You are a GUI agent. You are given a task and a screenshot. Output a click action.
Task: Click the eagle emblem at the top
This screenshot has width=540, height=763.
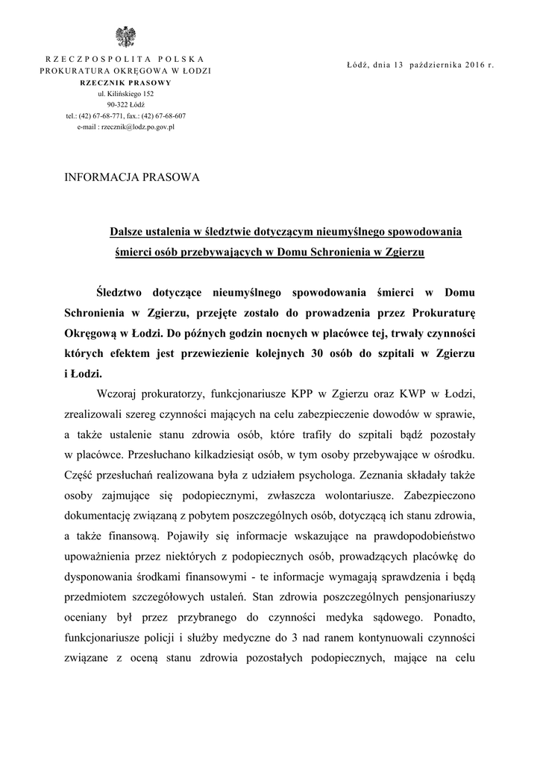click(x=125, y=36)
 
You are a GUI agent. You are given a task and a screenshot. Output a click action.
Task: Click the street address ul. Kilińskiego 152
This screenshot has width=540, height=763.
click(x=125, y=94)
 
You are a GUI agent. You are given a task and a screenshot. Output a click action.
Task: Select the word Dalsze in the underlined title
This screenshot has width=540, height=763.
click(x=129, y=232)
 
